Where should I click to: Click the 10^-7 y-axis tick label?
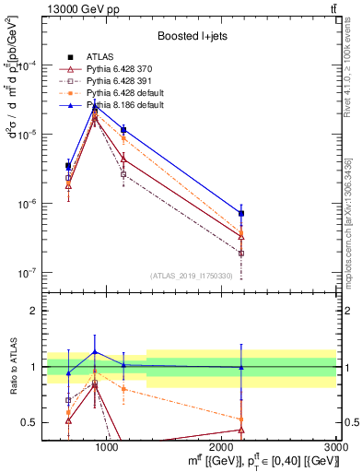28,273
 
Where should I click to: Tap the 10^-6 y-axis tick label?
28,204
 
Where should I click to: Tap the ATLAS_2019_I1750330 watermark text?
190,276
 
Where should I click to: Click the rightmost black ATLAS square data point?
241,213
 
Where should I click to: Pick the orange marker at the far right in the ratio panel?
241,419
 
